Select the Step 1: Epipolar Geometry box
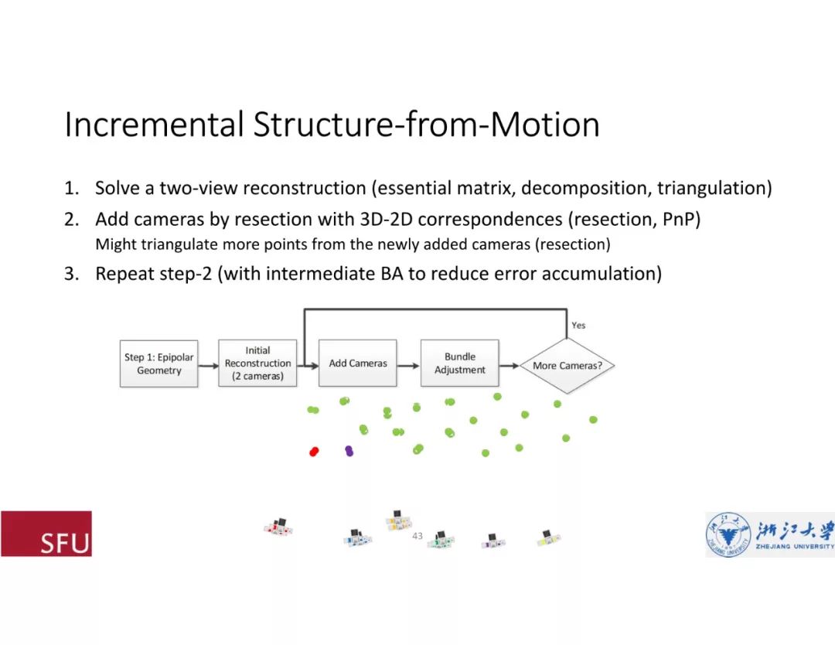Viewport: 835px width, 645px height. (x=159, y=363)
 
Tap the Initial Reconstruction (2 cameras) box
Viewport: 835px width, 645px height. (x=257, y=363)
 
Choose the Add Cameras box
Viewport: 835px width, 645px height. (x=358, y=363)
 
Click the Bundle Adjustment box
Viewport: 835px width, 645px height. (x=460, y=363)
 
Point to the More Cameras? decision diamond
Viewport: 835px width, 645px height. (x=567, y=365)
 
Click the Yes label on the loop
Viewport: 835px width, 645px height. (x=578, y=326)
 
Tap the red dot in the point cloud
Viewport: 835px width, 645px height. (x=314, y=452)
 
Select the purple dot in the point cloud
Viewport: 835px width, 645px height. (x=349, y=450)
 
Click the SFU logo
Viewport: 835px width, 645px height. (x=46, y=534)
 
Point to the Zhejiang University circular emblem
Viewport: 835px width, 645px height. (x=728, y=534)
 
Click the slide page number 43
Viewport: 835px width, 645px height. (x=417, y=536)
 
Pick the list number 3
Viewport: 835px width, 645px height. (x=71, y=274)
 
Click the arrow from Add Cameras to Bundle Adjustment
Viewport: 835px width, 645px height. (x=408, y=363)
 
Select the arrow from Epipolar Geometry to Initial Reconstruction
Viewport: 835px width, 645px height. (x=208, y=363)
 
